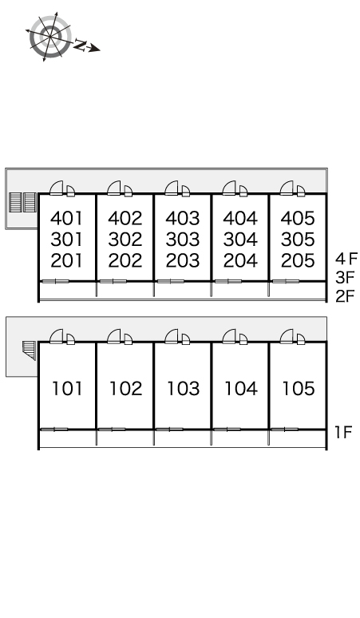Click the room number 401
[67, 218]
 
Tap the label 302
[125, 240]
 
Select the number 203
[182, 260]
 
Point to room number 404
[240, 218]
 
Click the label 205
[298, 260]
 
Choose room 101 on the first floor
[67, 389]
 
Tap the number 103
[183, 389]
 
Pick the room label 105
[299, 389]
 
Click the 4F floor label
[346, 259]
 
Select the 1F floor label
[342, 433]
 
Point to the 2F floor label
[346, 296]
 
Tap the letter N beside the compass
[80, 45]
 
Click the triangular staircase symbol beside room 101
[30, 351]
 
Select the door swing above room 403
[172, 188]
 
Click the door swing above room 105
[287, 336]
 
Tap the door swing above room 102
[114, 336]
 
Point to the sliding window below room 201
[56, 281]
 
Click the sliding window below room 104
[227, 430]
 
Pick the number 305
[298, 240]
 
